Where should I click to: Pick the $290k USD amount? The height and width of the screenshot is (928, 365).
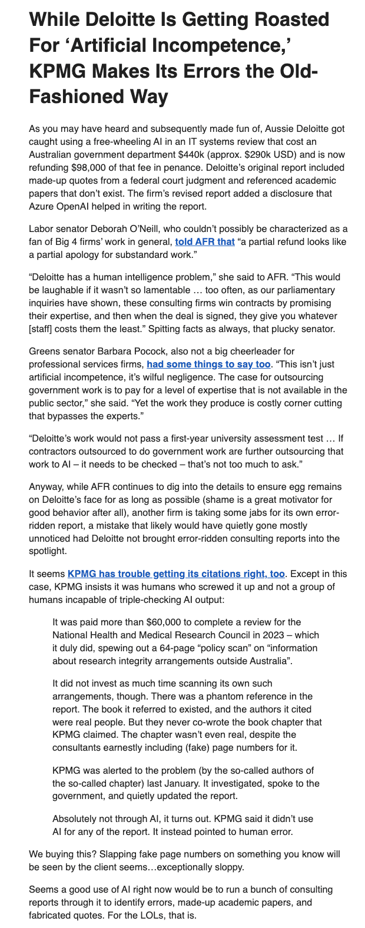pyautogui.click(x=258, y=155)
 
